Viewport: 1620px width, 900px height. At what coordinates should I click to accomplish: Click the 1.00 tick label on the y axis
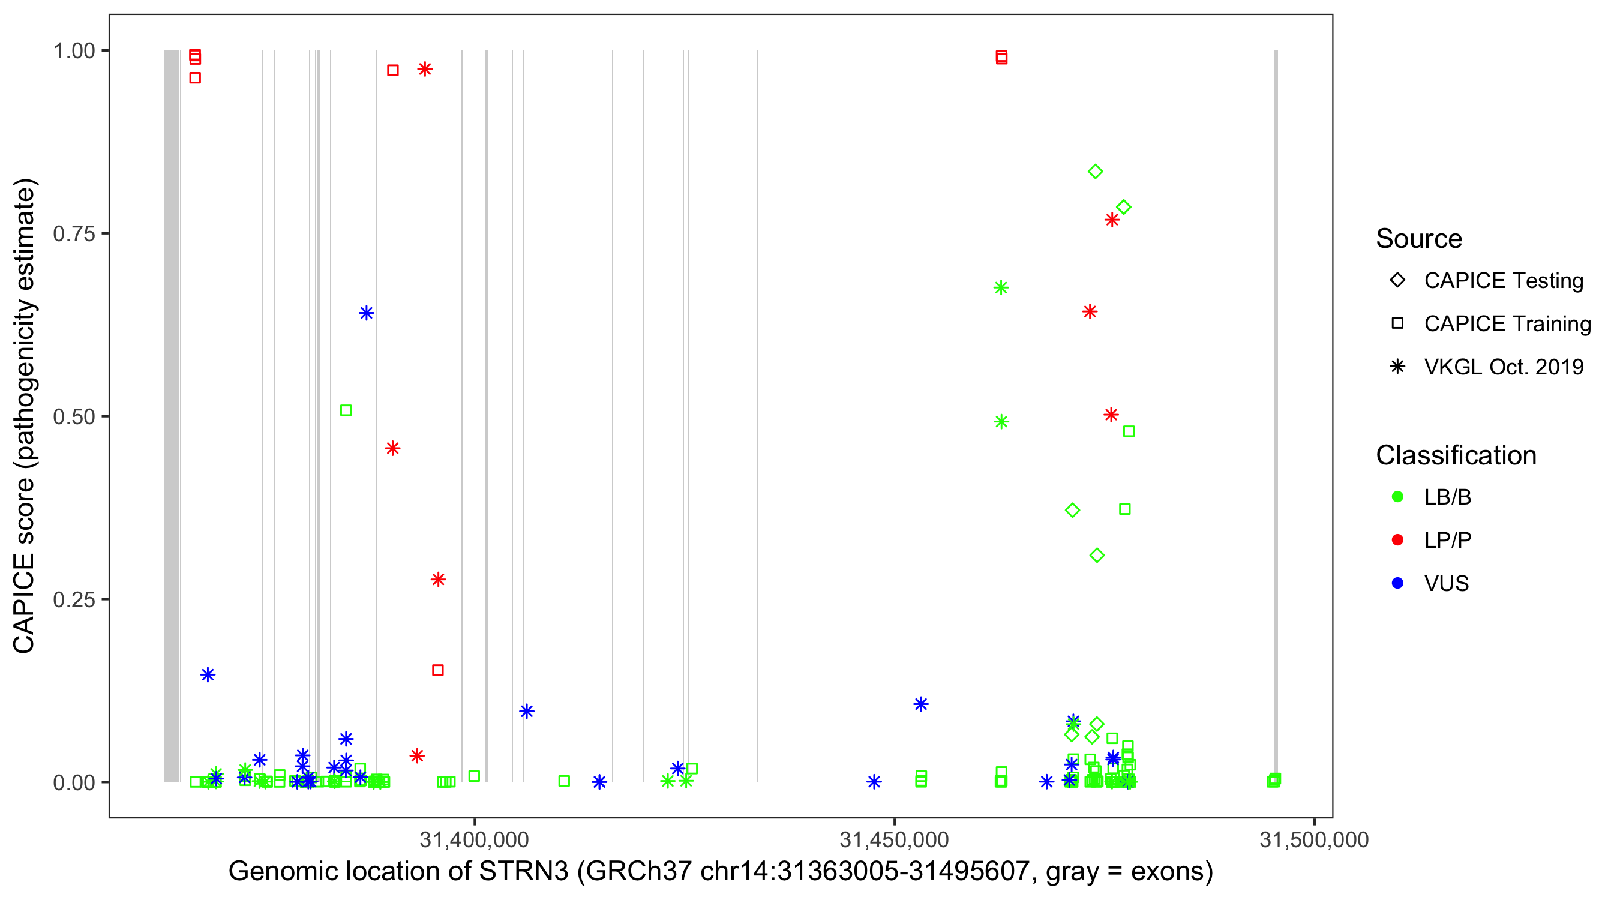pyautogui.click(x=74, y=51)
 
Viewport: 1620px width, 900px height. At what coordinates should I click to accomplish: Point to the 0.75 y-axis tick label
pyautogui.click(x=74, y=234)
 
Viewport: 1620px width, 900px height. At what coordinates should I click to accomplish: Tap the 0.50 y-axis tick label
pyautogui.click(x=74, y=417)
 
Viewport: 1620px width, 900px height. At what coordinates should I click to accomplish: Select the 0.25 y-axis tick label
pyautogui.click(x=74, y=599)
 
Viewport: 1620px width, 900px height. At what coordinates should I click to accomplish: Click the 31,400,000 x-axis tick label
pyautogui.click(x=474, y=839)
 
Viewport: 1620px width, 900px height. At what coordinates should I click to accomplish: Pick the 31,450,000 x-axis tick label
pyautogui.click(x=894, y=839)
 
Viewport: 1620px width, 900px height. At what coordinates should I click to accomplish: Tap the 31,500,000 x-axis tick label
pyautogui.click(x=1314, y=839)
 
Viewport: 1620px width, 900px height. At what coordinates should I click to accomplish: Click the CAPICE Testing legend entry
pyautogui.click(x=1503, y=281)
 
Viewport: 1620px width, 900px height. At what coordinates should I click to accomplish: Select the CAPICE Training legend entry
pyautogui.click(x=1507, y=324)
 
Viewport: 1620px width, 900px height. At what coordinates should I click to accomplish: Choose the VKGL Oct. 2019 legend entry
pyautogui.click(x=1503, y=367)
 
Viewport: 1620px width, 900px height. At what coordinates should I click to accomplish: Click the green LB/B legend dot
pyautogui.click(x=1397, y=497)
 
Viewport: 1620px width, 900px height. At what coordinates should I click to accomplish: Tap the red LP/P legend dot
pyautogui.click(x=1397, y=540)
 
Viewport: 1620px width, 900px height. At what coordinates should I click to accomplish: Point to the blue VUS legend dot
pyautogui.click(x=1397, y=583)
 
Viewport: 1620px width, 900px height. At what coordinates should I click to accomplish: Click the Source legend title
pyautogui.click(x=1419, y=239)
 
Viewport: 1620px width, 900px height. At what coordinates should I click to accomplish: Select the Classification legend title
pyautogui.click(x=1456, y=455)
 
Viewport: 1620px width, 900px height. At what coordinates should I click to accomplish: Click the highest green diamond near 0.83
pyautogui.click(x=1096, y=172)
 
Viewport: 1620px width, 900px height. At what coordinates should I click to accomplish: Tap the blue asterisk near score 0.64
pyautogui.click(x=367, y=313)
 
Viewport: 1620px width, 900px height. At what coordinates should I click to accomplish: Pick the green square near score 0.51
pyautogui.click(x=346, y=410)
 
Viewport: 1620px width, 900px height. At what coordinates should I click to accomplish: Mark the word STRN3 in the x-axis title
pyautogui.click(x=523, y=872)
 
